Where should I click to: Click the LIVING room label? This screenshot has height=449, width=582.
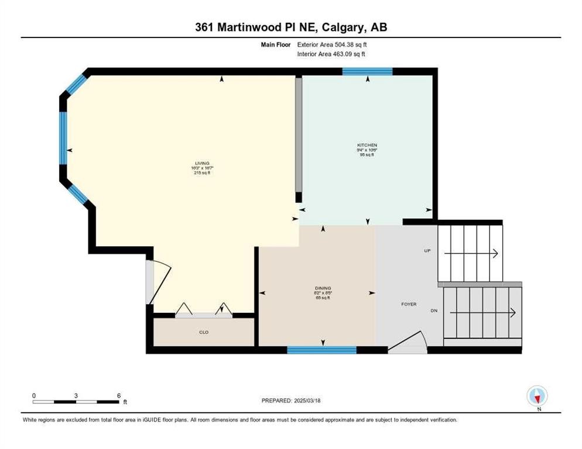203,164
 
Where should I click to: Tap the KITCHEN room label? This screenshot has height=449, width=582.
367,145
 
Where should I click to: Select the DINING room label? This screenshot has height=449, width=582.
323,288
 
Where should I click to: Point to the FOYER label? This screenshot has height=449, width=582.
409,304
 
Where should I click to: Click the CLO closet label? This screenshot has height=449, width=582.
204,332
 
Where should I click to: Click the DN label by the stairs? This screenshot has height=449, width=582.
434,311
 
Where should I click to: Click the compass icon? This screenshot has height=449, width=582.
537,396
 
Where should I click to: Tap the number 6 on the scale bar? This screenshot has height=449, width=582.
119,396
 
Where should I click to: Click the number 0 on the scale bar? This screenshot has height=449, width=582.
34,396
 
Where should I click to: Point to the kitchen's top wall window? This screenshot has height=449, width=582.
367,71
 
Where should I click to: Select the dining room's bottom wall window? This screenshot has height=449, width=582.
321,350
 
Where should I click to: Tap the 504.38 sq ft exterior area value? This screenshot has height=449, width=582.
351,44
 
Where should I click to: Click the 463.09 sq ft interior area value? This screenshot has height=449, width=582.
350,54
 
